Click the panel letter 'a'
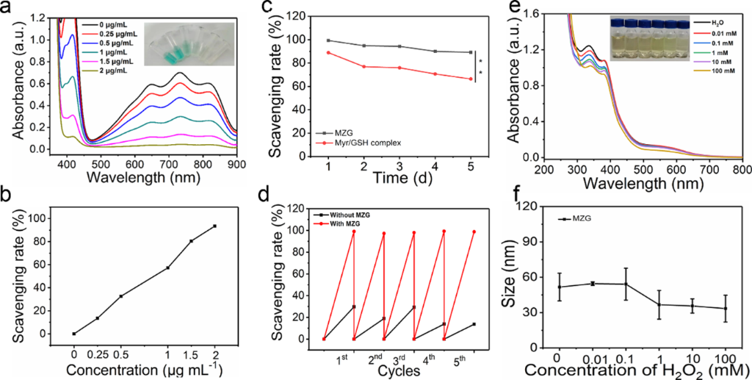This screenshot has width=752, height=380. [x=8, y=10]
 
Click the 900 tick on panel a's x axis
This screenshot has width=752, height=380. [x=236, y=164]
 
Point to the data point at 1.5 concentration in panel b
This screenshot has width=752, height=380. [x=192, y=241]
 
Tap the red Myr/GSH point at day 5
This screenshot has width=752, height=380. [x=470, y=79]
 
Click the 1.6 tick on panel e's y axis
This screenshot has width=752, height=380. [x=529, y=13]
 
